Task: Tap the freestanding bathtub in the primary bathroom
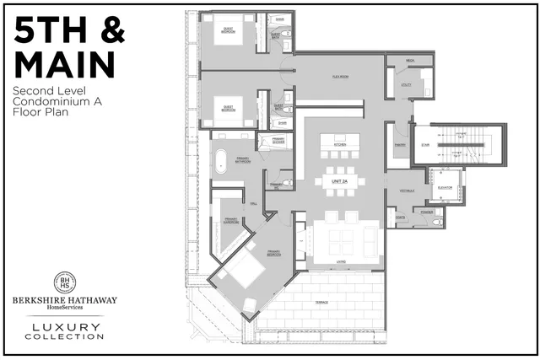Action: [221, 160]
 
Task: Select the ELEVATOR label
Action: [445, 187]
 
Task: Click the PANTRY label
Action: [400, 145]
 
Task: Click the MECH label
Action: [409, 61]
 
